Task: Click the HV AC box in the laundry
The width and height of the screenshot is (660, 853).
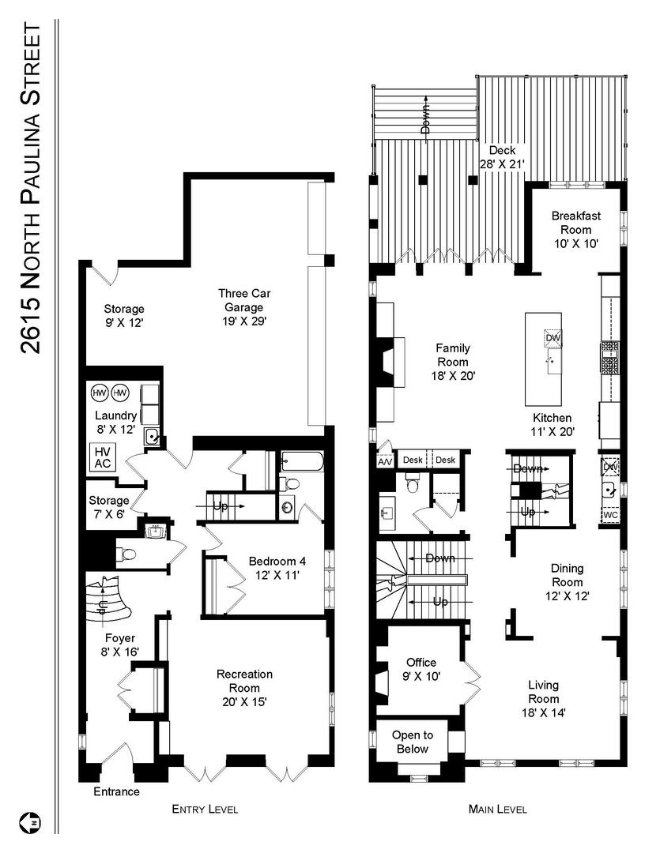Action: (x=103, y=457)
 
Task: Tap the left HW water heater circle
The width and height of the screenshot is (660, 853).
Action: (x=100, y=393)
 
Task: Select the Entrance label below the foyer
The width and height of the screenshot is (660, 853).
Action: (x=116, y=791)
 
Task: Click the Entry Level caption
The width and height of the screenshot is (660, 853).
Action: (x=205, y=810)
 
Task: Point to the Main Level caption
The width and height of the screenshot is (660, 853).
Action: (x=498, y=810)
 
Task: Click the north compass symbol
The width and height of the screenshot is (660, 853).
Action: (x=34, y=821)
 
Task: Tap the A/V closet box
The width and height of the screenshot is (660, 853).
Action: (x=386, y=460)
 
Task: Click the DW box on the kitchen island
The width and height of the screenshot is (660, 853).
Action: (x=553, y=338)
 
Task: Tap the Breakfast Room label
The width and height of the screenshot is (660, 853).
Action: (x=576, y=229)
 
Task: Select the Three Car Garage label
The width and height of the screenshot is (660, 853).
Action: (x=244, y=307)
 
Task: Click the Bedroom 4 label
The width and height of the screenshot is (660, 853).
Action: (x=277, y=568)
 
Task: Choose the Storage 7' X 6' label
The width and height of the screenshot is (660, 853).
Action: (x=109, y=507)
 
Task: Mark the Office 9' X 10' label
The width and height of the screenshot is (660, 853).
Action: (x=421, y=669)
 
